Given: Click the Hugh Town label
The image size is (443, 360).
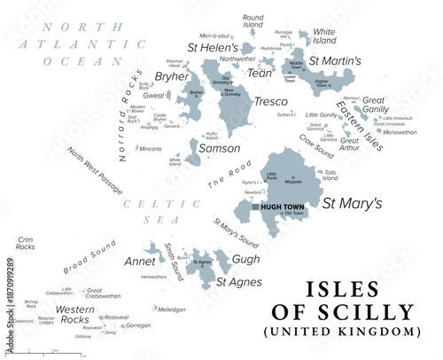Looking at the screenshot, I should point(281,207).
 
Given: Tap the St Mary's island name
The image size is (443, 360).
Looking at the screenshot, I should point(352,203).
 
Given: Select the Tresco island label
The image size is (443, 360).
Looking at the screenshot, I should point(270,102).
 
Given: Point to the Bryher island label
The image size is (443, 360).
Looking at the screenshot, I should point(171,77).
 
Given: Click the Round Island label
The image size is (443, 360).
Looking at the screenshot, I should point(253,20).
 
